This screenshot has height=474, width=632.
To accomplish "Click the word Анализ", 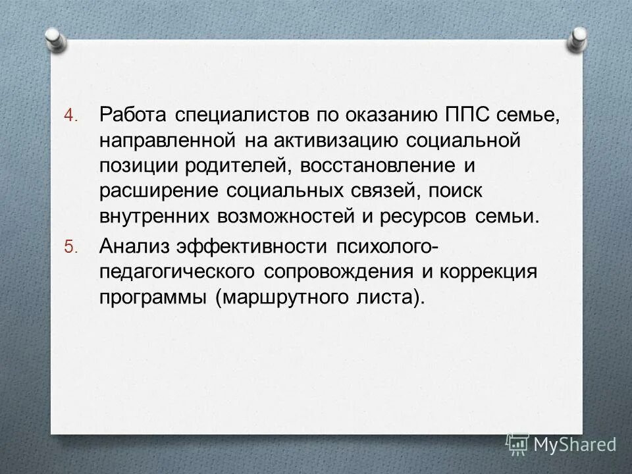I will (x=131, y=247).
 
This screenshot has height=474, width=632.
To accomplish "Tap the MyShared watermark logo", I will (x=561, y=445).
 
